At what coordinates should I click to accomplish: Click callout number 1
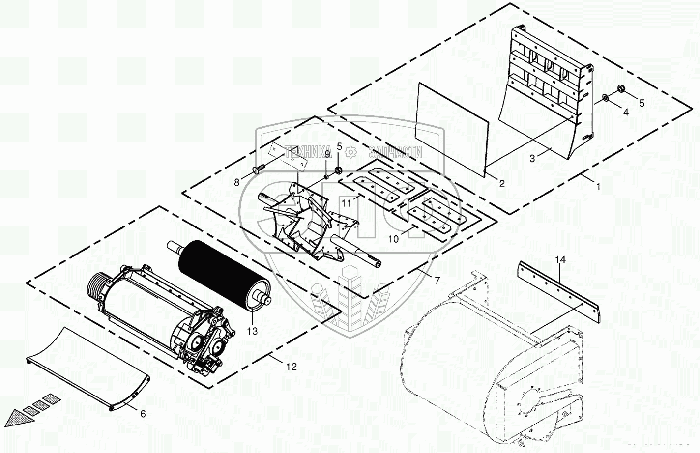tap(598, 187)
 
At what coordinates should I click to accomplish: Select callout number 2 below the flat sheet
tap(501, 184)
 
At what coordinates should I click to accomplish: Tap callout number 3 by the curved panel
tap(532, 159)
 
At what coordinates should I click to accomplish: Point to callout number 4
tap(626, 112)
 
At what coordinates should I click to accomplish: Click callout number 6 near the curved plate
tap(143, 414)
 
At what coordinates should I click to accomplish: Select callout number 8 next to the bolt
tap(236, 182)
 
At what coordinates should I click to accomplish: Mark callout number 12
tap(292, 367)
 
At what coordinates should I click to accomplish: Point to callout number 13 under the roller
tap(252, 331)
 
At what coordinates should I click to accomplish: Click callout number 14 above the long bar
tap(561, 260)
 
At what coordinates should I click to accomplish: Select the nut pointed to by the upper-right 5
tap(621, 89)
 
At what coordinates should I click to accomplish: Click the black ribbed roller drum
tap(224, 273)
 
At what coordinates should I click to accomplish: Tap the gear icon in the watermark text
tap(350, 152)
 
